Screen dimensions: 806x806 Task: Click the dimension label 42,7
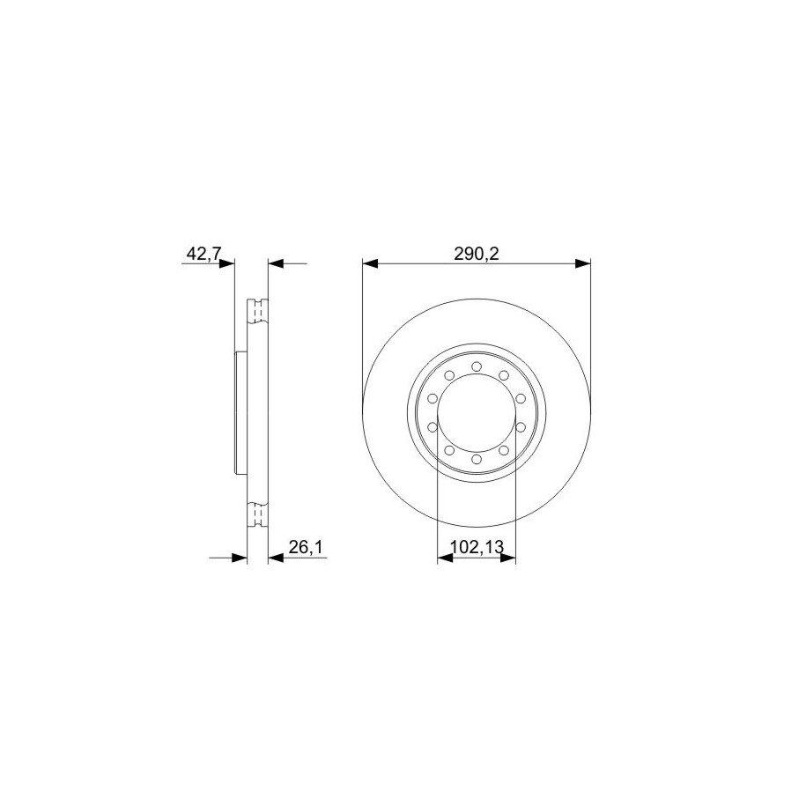pyautogui.click(x=203, y=254)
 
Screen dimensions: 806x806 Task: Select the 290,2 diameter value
pyautogui.click(x=477, y=254)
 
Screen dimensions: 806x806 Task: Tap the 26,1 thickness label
pyautogui.click(x=306, y=547)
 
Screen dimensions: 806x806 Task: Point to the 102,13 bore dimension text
pyautogui.click(x=477, y=547)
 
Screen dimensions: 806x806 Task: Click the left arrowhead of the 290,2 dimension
pyautogui.click(x=370, y=263)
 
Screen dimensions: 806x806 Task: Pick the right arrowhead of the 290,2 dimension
pyautogui.click(x=583, y=263)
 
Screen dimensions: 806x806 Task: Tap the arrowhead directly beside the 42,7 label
pyautogui.click(x=226, y=263)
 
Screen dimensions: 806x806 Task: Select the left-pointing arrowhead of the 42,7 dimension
pyautogui.click(x=276, y=263)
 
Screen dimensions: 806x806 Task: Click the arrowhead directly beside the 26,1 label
pyautogui.click(x=276, y=558)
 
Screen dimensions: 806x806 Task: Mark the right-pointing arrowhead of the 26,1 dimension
pyautogui.click(x=240, y=558)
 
